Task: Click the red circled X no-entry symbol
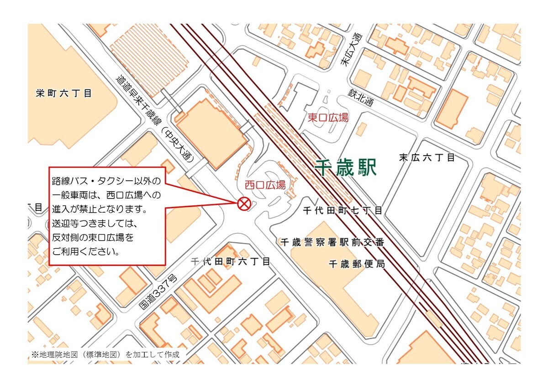click(244, 204)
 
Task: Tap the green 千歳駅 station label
click(346, 168)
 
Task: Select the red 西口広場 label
click(265, 185)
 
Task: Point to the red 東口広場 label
click(328, 118)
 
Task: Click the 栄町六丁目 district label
click(64, 94)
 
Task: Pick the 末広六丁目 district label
click(427, 158)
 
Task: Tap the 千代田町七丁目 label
click(343, 210)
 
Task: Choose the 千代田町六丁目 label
click(231, 261)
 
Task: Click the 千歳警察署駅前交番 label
click(332, 242)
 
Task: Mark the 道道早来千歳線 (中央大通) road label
click(155, 119)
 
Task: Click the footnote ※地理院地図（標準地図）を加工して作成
click(105, 354)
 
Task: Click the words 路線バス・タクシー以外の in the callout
click(106, 181)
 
